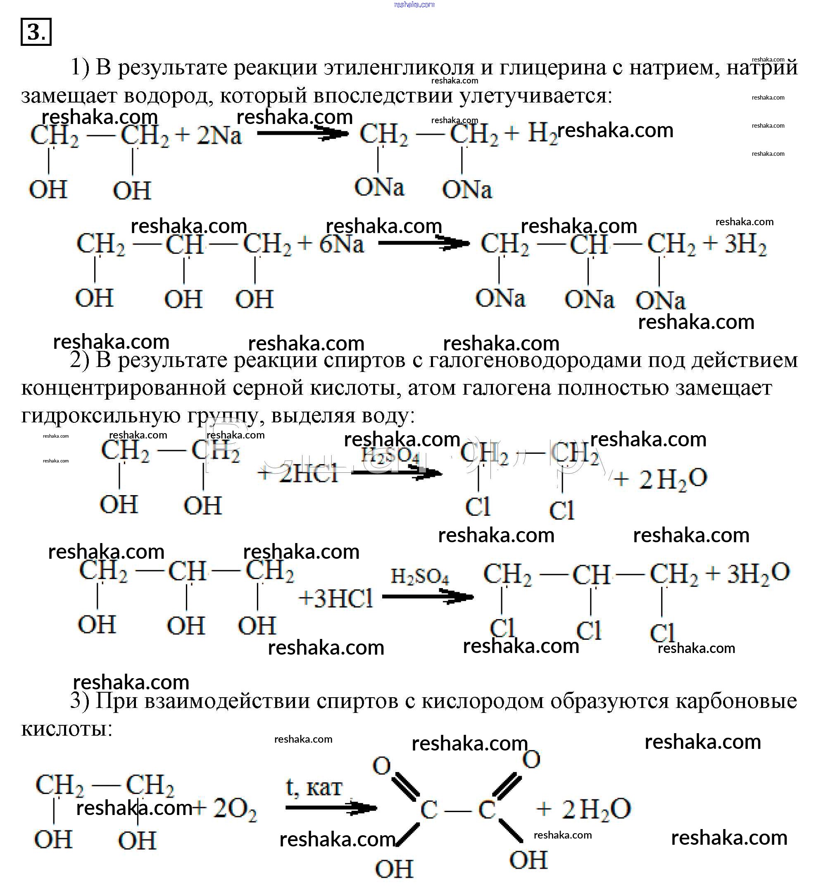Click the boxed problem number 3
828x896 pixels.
[x=36, y=32]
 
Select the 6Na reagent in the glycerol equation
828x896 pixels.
[x=341, y=244]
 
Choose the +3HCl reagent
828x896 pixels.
[x=335, y=598]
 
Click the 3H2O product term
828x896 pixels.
[x=758, y=574]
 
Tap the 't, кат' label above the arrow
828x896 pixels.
[x=314, y=788]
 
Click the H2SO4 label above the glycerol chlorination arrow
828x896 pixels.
[x=419, y=576]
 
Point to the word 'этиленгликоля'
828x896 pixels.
[x=399, y=68]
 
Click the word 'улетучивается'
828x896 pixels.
[x=535, y=95]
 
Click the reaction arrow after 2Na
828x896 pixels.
[x=302, y=133]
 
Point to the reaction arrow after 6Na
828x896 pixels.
[x=424, y=243]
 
